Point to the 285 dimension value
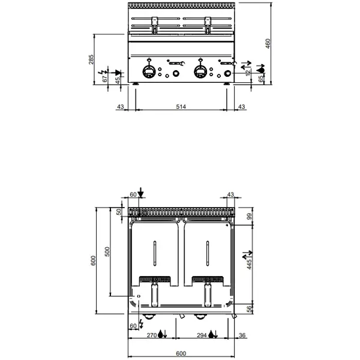pos(92,60)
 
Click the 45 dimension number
pos(118,81)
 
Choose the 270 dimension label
pos(152,335)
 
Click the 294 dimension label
pos(201,335)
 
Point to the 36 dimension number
pos(242,335)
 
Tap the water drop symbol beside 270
pos(163,335)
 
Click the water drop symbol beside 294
pos(212,335)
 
